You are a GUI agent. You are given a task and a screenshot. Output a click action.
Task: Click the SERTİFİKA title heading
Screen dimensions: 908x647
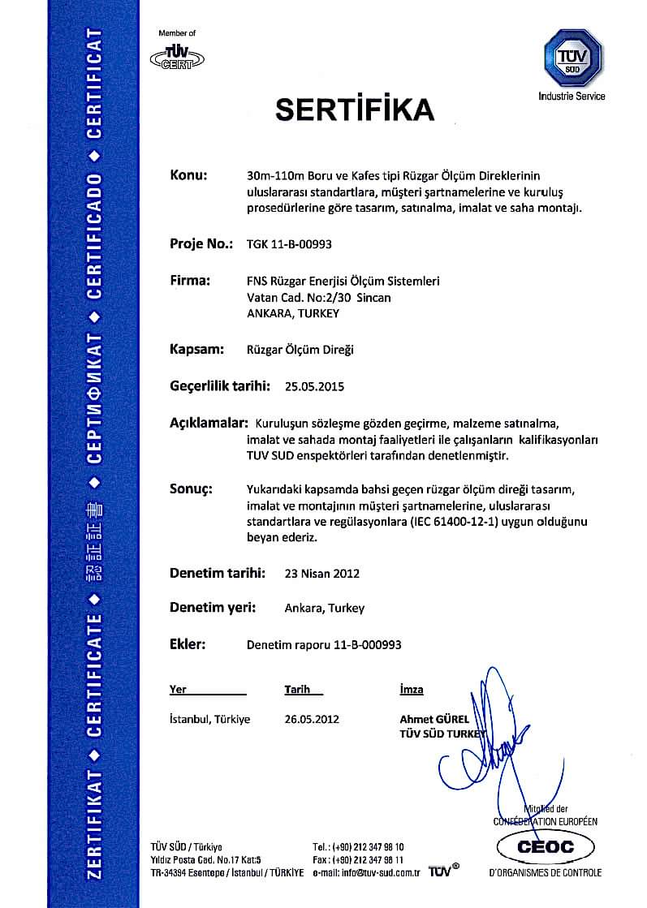(x=355, y=108)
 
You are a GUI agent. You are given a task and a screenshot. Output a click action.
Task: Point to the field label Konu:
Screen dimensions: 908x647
(x=189, y=174)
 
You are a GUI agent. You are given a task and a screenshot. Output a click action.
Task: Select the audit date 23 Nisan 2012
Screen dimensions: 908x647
(x=322, y=573)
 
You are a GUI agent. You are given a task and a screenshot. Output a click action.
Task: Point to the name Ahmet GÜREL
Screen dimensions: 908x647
(x=434, y=719)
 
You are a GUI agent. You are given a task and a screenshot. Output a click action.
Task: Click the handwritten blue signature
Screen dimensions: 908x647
(x=495, y=730)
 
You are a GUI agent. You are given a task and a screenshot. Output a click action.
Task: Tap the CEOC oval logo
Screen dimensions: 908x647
(x=547, y=847)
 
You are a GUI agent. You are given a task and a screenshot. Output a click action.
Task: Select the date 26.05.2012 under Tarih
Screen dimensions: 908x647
(x=312, y=719)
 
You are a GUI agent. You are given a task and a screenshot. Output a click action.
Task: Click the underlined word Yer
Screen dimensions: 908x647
(x=178, y=690)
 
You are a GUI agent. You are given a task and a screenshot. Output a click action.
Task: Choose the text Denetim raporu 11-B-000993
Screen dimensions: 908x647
(x=323, y=645)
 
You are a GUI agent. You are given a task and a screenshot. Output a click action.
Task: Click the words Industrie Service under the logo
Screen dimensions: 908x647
(x=572, y=97)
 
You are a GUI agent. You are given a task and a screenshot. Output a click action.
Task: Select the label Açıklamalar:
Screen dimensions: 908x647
(x=208, y=424)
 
